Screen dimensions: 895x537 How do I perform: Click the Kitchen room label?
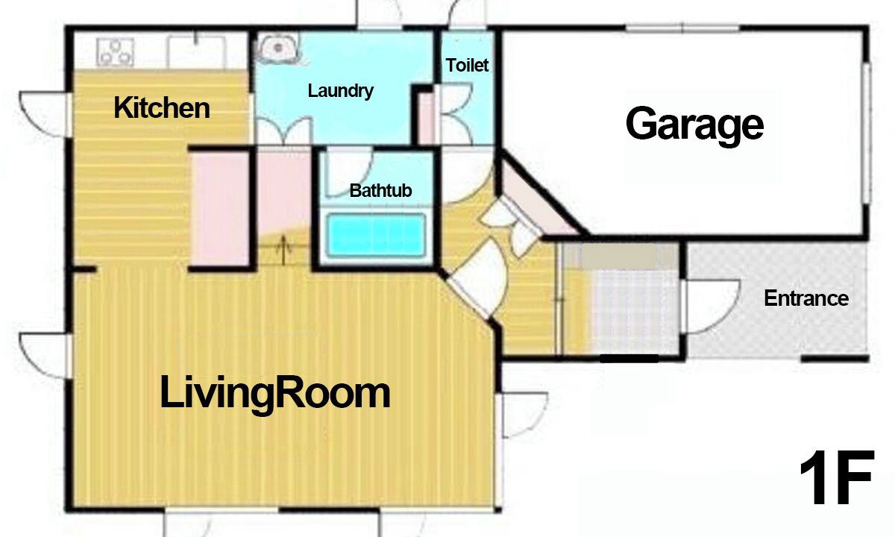click(x=162, y=108)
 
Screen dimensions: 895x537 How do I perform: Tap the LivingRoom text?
click(x=275, y=394)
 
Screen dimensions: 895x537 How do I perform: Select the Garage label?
click(x=694, y=125)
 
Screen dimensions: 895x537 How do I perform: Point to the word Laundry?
click(x=340, y=91)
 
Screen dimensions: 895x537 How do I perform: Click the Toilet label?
click(x=467, y=65)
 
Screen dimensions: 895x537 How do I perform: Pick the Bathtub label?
click(x=380, y=191)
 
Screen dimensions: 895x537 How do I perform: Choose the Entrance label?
click(x=806, y=298)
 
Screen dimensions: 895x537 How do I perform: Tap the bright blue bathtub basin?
click(x=376, y=235)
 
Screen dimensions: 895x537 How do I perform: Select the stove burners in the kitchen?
click(x=115, y=52)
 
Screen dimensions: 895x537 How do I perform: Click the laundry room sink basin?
click(x=277, y=48)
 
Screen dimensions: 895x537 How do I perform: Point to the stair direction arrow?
click(x=283, y=250)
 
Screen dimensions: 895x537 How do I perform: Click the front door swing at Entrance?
click(x=710, y=307)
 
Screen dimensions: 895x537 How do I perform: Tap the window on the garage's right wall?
click(x=866, y=133)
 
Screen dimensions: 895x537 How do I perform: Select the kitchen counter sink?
click(x=195, y=52)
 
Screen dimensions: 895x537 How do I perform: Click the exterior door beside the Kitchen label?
click(x=45, y=114)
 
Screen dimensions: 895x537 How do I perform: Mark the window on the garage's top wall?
click(x=682, y=28)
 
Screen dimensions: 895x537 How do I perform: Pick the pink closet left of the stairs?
click(x=220, y=209)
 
